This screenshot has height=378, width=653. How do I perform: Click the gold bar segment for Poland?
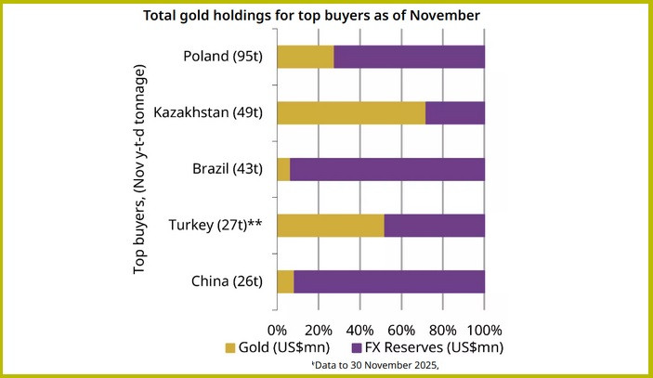coord(305,57)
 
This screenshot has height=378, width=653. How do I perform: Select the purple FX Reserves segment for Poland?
coord(409,57)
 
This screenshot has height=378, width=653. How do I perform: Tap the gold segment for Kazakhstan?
coord(351,112)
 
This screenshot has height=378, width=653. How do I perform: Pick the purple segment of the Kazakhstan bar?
coord(455,112)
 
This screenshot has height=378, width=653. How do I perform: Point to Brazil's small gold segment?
coord(283,169)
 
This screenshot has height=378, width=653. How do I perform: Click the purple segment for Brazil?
coord(387,169)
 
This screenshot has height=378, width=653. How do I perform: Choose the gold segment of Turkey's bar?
coord(330,226)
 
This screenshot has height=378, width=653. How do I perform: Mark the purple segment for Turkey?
coord(434,226)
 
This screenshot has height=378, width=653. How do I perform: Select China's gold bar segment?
coord(285,281)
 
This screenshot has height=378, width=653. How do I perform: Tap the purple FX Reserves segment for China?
coord(389,281)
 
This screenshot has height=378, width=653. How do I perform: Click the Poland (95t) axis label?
coord(224,57)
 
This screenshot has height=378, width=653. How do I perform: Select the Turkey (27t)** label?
coord(215,226)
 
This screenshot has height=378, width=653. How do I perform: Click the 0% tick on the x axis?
coord(278,330)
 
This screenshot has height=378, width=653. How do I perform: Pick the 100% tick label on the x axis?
coord(483,330)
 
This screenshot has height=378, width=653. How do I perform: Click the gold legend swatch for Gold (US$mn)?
coord(232,347)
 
